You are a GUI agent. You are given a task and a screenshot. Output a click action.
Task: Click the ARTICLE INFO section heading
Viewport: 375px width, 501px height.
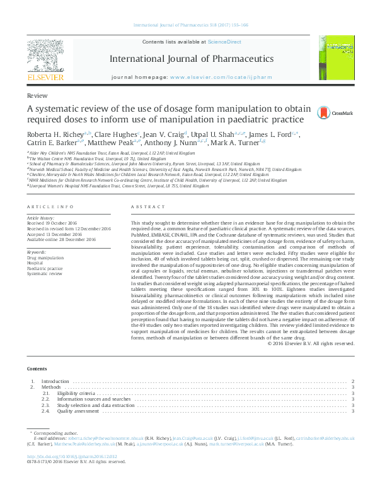45,207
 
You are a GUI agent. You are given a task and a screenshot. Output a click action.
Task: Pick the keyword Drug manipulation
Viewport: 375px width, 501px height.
45,258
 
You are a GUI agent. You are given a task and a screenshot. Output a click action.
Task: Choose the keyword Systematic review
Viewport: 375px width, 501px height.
45,273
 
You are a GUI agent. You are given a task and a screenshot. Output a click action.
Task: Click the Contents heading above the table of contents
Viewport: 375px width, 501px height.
37,368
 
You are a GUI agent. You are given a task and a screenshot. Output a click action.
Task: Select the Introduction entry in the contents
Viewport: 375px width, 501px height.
55,382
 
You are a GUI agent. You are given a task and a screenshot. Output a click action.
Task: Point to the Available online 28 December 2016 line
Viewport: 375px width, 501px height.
61,239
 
